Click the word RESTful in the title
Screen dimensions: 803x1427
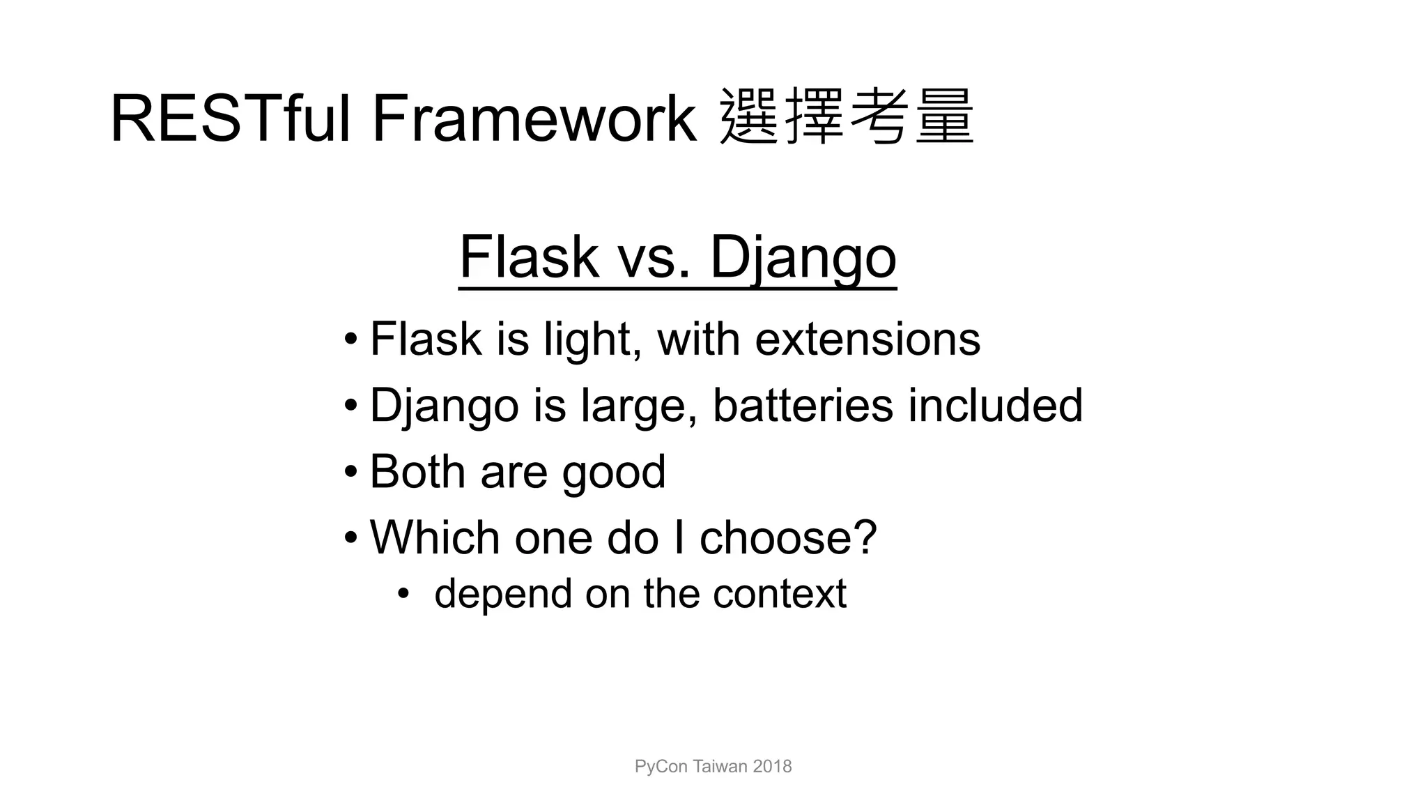[x=230, y=119]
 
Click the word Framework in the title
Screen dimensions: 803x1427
[x=534, y=119]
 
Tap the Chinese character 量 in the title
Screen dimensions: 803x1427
[x=944, y=117]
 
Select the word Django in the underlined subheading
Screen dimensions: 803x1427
[x=803, y=258]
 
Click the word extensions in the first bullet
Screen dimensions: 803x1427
[x=867, y=339]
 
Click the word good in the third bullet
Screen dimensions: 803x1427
[x=614, y=473]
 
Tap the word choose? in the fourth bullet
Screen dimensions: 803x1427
[x=788, y=538]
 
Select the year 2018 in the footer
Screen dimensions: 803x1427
[x=772, y=767]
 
